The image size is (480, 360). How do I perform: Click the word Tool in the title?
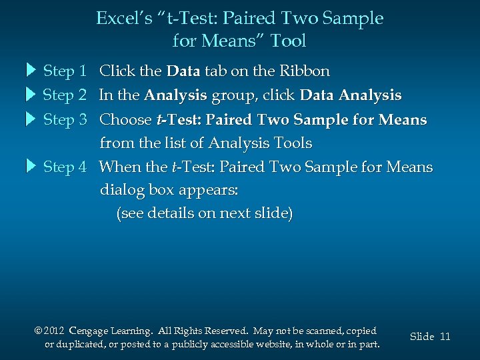tap(288, 41)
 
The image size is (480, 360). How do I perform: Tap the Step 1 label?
tap(65, 71)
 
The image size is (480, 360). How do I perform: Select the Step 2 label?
tap(65, 95)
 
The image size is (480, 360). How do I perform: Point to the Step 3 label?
tap(65, 120)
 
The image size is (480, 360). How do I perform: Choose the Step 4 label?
tap(65, 167)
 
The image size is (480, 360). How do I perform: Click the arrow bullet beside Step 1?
tap(31, 71)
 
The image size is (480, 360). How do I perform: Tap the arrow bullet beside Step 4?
tap(31, 167)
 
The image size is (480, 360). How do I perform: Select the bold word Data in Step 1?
tap(183, 71)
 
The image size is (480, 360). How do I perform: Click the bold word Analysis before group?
tap(175, 95)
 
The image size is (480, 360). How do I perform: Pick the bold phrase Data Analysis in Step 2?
tap(351, 95)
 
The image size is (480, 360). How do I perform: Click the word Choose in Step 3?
tap(125, 120)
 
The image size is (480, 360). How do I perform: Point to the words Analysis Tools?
tap(260, 143)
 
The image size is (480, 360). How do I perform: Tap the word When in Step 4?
tap(120, 167)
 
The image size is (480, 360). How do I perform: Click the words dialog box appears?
tap(169, 190)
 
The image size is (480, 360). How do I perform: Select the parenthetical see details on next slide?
tap(204, 213)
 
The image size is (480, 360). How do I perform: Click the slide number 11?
tap(445, 337)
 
